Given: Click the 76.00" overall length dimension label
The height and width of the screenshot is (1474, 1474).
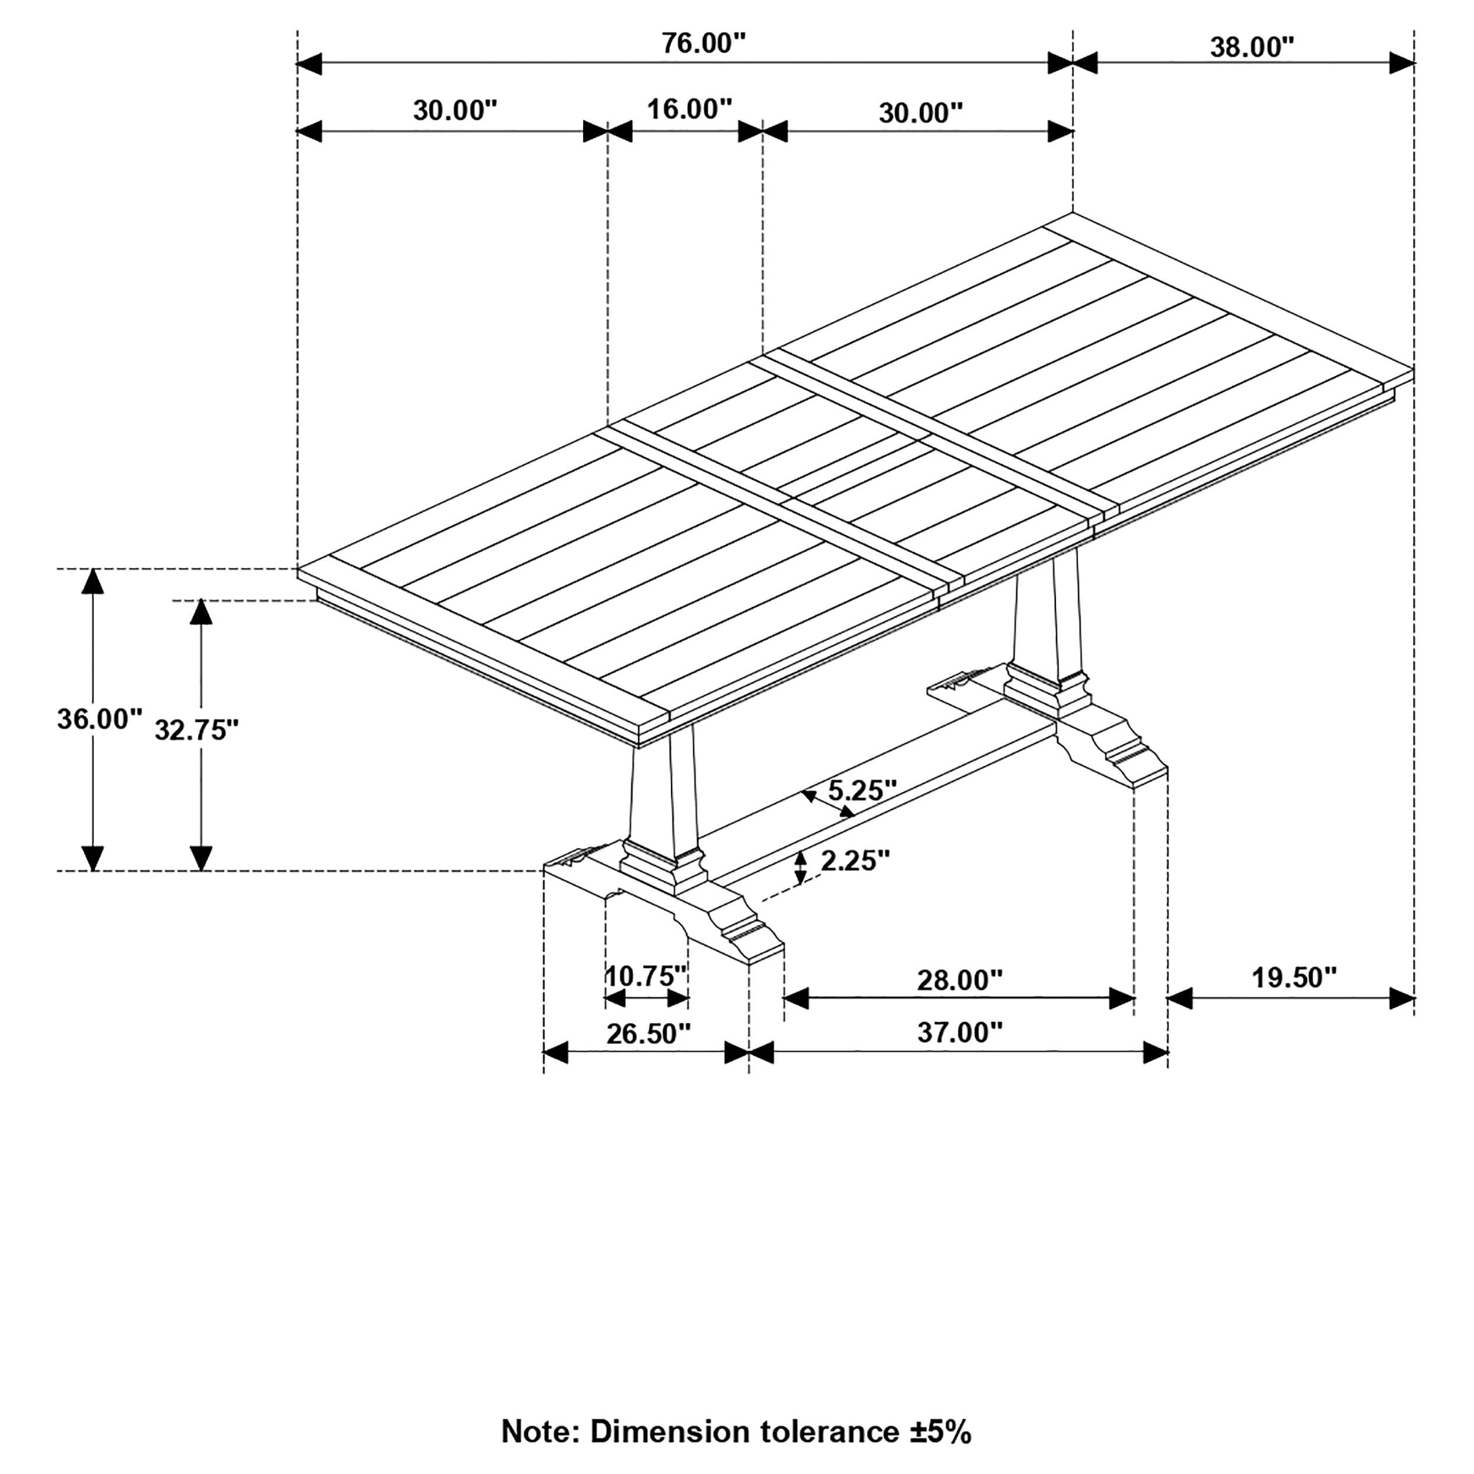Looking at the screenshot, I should (x=703, y=44).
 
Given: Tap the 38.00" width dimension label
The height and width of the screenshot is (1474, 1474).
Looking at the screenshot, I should (x=1252, y=47).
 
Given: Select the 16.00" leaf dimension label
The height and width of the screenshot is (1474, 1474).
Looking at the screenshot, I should (x=689, y=109).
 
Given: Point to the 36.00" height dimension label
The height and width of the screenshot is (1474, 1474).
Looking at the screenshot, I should (x=99, y=719).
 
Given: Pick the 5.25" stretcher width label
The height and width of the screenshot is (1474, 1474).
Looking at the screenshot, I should (x=861, y=791).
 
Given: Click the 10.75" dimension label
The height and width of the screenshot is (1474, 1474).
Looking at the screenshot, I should (x=646, y=976).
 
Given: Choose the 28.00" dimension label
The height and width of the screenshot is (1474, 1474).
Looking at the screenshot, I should (x=959, y=981).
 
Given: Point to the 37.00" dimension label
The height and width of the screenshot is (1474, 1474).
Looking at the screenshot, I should (x=959, y=1033).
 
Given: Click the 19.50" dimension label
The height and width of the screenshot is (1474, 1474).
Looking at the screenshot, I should (x=1294, y=978).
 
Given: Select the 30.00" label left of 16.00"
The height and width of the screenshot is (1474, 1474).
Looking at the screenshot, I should (x=455, y=111).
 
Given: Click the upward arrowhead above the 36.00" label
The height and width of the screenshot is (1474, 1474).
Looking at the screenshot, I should (x=93, y=581).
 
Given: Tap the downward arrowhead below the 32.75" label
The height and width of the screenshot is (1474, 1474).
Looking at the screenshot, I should (x=200, y=858).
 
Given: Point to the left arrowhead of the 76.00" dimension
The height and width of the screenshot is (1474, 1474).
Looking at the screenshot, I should (x=309, y=64).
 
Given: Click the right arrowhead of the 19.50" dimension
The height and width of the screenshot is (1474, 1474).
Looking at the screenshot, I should (x=1402, y=998).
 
